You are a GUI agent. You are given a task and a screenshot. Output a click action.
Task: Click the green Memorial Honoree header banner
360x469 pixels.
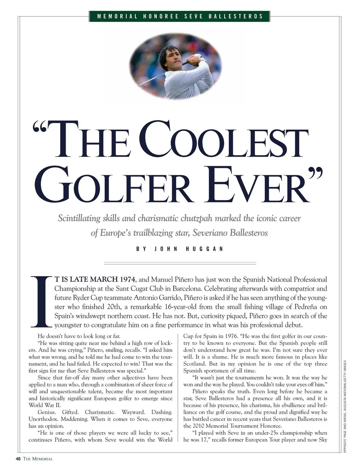click(x=180, y=16)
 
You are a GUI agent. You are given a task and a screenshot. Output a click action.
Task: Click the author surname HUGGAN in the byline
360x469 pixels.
click(x=205, y=249)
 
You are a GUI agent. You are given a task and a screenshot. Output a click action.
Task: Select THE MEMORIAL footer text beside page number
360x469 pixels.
click(x=38, y=459)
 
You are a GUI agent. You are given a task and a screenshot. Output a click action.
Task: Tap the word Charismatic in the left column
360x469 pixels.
click(x=100, y=412)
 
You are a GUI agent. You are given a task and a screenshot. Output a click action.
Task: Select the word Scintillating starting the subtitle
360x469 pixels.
click(x=79, y=218)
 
